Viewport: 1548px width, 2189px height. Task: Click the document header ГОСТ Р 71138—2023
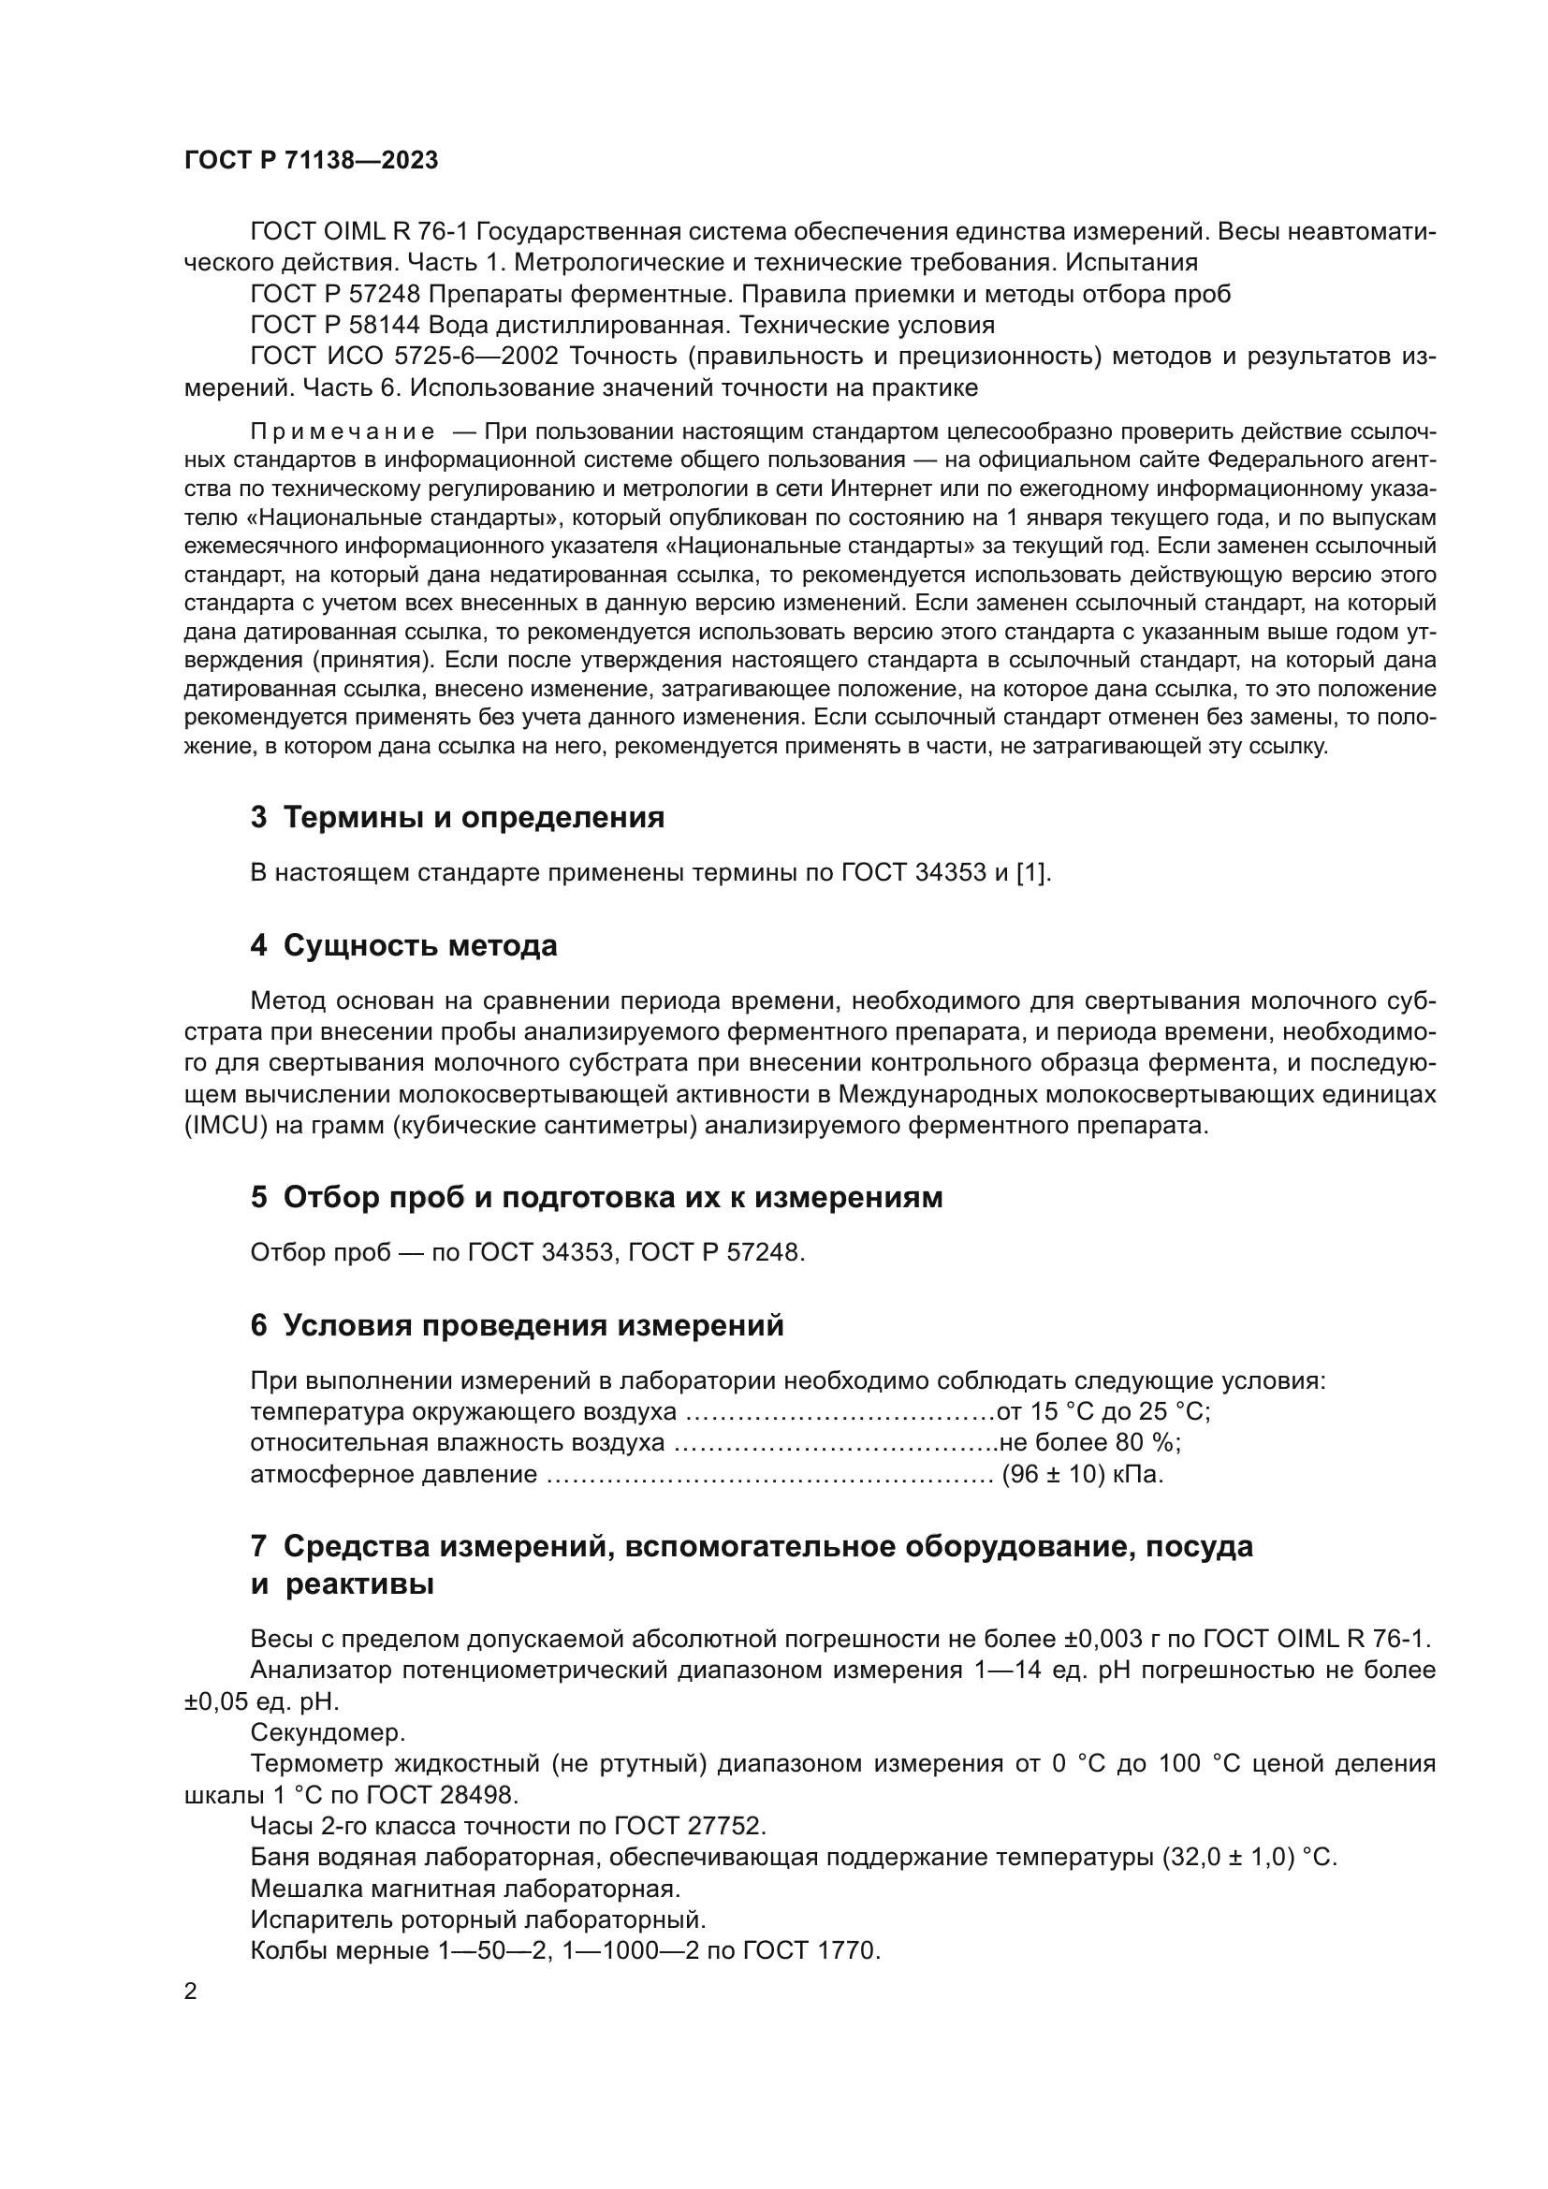pyautogui.click(x=311, y=160)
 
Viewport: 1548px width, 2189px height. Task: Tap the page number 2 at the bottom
pyautogui.click(x=191, y=1991)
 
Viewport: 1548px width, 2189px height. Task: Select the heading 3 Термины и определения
pyautogui.click(x=458, y=817)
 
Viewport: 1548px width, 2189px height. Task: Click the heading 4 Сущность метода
pyautogui.click(x=403, y=946)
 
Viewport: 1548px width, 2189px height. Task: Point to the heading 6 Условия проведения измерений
pyautogui.click(x=517, y=1325)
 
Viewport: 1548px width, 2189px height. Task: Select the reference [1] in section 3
pyautogui.click(x=1033, y=872)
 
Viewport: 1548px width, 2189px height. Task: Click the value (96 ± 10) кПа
pyautogui.click(x=1082, y=1475)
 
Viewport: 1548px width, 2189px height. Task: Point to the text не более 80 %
pyautogui.click(x=1088, y=1443)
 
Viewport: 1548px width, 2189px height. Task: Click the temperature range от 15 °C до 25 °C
pyautogui.click(x=1103, y=1412)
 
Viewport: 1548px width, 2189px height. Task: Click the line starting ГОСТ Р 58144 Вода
pyautogui.click(x=621, y=325)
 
